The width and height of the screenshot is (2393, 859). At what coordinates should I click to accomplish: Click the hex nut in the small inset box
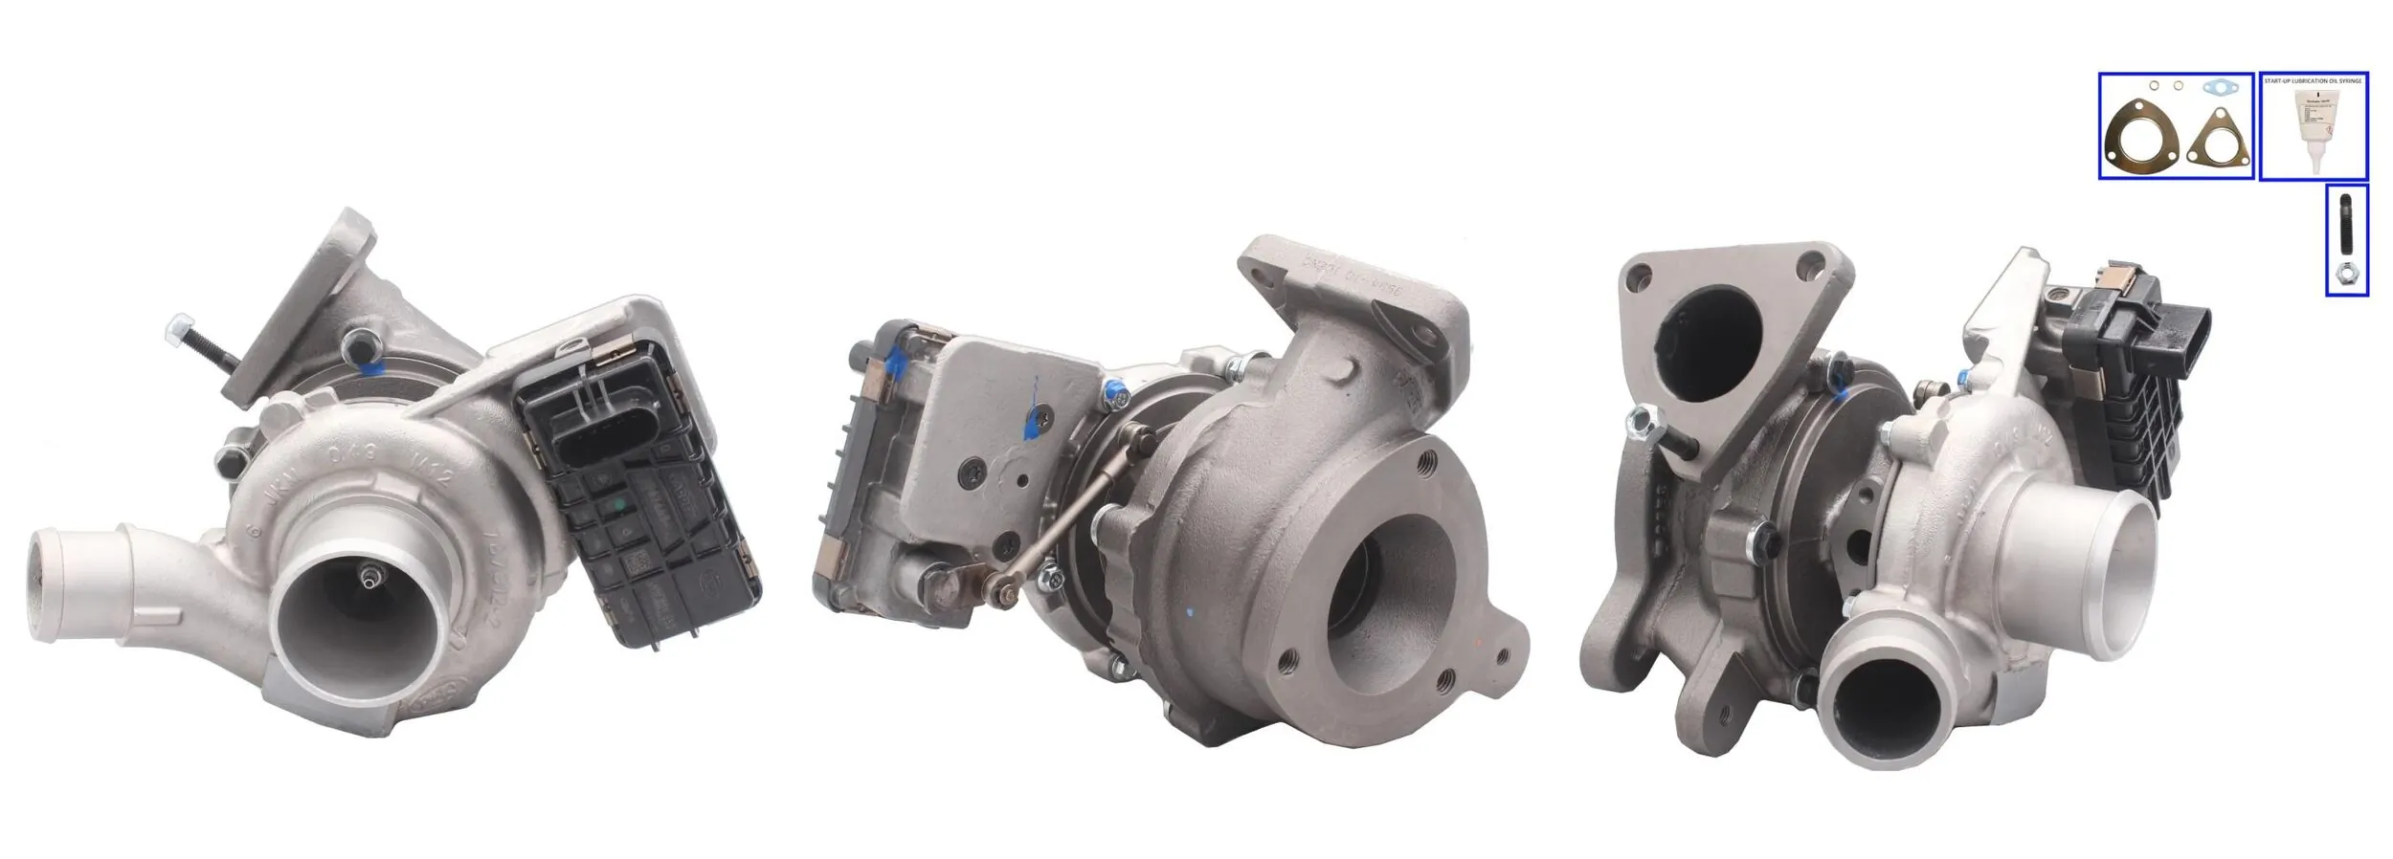pyautogui.click(x=2346, y=275)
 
